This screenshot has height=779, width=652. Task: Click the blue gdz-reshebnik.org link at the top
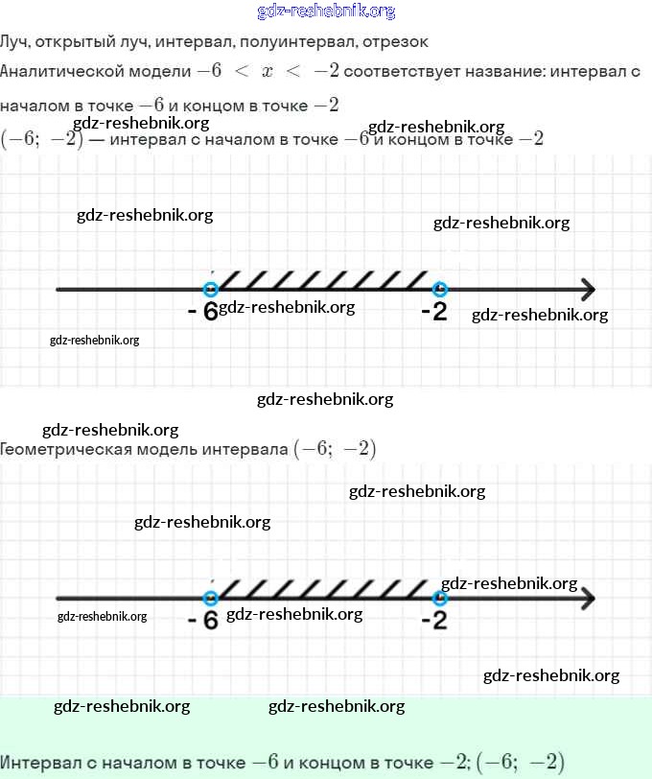(x=326, y=12)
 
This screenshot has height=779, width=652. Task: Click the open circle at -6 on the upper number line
(x=211, y=289)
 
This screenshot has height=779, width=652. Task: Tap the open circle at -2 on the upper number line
(x=439, y=289)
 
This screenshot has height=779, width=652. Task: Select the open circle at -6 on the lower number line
(x=211, y=598)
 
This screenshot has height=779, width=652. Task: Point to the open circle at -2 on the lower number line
(x=439, y=598)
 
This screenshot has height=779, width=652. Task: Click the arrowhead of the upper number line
(x=587, y=289)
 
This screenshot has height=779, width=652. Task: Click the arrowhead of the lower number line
(x=587, y=598)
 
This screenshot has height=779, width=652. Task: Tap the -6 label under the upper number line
(x=203, y=312)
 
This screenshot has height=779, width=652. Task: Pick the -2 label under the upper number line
(x=434, y=312)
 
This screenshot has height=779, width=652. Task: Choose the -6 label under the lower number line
(x=203, y=621)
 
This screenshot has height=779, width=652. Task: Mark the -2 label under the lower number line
(x=434, y=621)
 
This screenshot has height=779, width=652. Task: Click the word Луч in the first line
(x=15, y=42)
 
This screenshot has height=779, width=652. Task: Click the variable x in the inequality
(x=268, y=73)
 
